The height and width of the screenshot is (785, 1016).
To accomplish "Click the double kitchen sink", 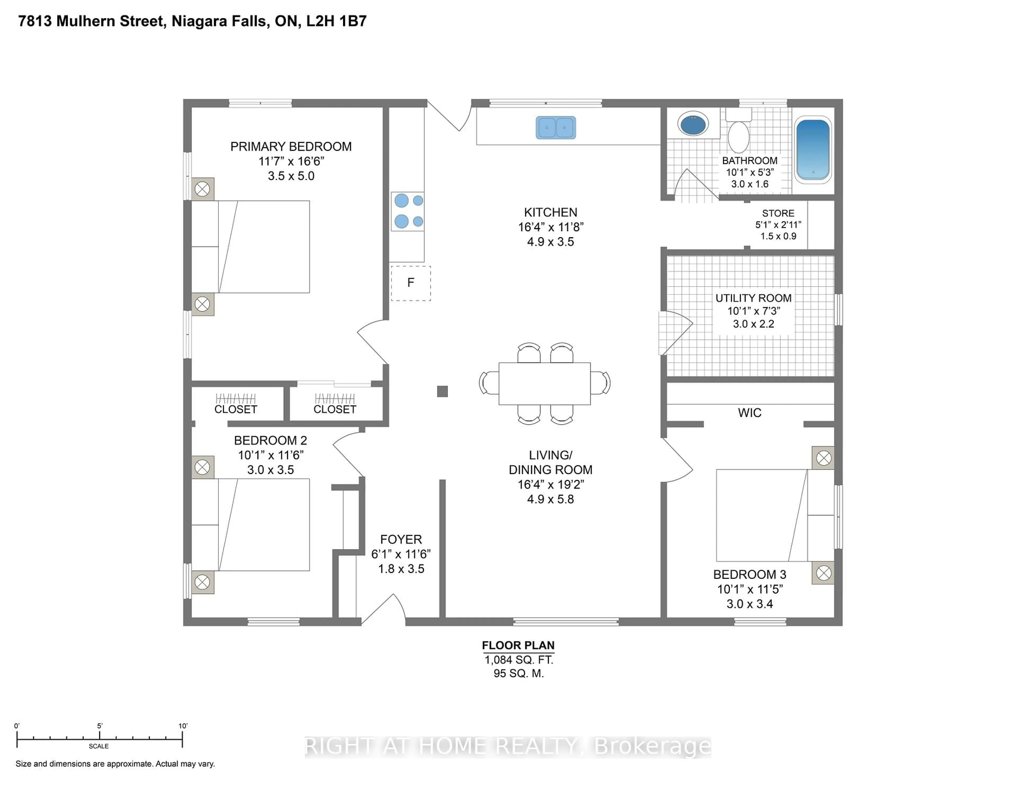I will tap(556, 127).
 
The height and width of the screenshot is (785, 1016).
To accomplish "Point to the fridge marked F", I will tap(410, 283).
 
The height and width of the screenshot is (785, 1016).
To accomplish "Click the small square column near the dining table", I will tap(442, 391).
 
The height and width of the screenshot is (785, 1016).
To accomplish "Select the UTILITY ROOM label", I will tap(753, 298).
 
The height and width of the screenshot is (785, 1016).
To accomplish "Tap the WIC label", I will tap(750, 413).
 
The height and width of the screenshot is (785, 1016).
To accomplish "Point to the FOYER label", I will tap(401, 540).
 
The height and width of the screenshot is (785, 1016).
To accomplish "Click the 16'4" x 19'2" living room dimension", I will tap(550, 485).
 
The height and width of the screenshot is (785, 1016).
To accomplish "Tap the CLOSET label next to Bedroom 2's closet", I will tap(235, 409).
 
